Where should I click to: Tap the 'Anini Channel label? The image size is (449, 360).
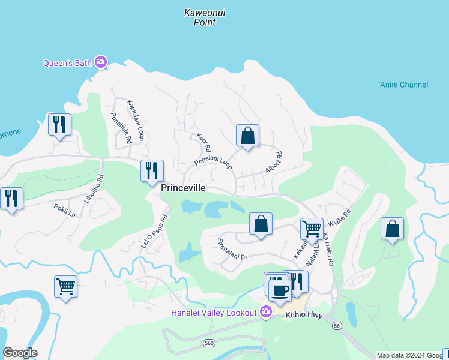[x=403, y=85]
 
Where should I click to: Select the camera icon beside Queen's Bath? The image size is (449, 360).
[x=101, y=62]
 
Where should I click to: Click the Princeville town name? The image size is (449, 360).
[x=184, y=188]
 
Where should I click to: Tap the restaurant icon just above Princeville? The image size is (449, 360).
[x=152, y=171]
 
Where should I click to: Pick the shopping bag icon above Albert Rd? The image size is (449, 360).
[x=247, y=136]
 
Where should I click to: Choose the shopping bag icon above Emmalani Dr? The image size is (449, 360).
[x=261, y=224]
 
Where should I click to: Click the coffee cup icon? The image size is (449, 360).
[x=279, y=291]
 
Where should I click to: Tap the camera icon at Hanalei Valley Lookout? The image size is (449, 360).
[x=265, y=311]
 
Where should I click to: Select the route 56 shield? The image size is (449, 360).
[x=337, y=325]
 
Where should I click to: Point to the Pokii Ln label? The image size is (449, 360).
[x=64, y=211]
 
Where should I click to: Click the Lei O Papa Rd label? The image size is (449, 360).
[x=154, y=232]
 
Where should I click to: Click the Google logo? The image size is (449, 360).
[x=20, y=353]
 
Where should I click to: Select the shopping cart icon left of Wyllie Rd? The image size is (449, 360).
[x=311, y=229]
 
